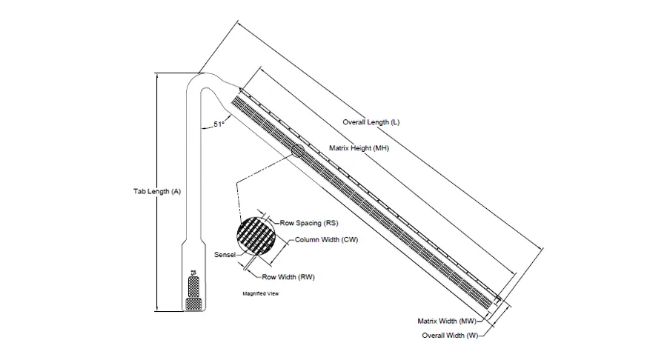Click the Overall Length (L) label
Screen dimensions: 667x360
click(371, 122)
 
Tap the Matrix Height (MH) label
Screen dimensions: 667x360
click(359, 148)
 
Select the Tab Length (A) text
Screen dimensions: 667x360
click(157, 191)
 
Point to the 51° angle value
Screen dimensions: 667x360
click(219, 124)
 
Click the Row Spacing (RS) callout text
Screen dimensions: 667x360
click(309, 223)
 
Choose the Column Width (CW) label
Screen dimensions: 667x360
click(326, 240)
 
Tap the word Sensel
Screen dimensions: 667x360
click(225, 255)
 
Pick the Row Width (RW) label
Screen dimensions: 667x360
click(288, 277)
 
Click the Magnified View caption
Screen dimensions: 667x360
click(260, 293)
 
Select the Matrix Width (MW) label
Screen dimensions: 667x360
click(447, 321)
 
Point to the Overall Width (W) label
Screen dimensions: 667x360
click(450, 336)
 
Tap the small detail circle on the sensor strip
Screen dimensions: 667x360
click(297, 150)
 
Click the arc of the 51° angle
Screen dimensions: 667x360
click(213, 127)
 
